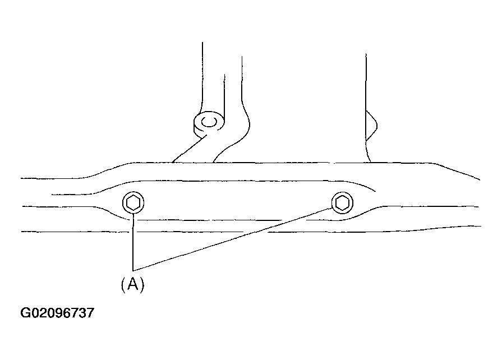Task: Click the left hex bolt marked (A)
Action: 133,202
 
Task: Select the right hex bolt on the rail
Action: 342,202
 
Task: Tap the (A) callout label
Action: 132,284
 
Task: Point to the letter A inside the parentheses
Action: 133,284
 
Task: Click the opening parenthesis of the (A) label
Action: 123,284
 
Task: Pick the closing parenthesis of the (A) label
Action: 142,284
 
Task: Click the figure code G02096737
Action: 57,313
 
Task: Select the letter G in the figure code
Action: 25,313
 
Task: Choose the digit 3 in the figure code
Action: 82,313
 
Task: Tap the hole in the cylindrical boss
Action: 209,122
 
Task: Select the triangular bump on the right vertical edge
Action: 371,126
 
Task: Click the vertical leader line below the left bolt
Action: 133,242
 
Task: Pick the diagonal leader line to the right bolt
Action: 232,239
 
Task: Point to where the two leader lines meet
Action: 133,270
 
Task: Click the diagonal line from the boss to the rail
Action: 190,149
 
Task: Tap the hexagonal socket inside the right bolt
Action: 342,202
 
